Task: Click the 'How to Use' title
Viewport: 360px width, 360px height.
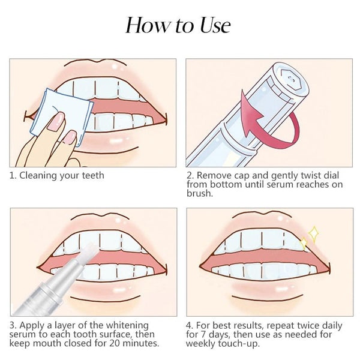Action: [178, 25]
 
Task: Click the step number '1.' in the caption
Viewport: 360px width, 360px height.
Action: [12, 176]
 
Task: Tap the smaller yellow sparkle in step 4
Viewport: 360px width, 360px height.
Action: [303, 242]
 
